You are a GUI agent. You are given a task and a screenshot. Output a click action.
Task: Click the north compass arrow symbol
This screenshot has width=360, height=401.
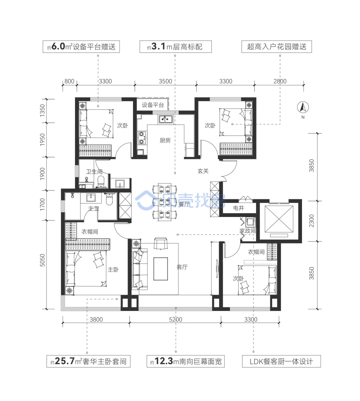click(x=303, y=107)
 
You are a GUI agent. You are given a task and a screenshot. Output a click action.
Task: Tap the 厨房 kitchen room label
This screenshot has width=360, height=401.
click(x=165, y=140)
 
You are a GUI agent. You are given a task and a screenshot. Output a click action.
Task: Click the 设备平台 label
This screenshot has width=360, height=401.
click(x=153, y=105)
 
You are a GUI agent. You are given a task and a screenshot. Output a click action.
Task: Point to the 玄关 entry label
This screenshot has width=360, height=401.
click(x=203, y=171)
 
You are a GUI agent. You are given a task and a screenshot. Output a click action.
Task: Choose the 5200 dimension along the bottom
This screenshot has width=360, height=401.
click(x=176, y=319)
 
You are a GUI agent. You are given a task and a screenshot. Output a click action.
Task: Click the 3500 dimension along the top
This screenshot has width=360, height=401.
click(x=165, y=81)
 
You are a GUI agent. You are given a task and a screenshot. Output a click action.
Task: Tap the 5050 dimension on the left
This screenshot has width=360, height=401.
click(x=43, y=260)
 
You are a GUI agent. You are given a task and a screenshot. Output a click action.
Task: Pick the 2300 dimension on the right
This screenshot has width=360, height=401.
click(x=312, y=221)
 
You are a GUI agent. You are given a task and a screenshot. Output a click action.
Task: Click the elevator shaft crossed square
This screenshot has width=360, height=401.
click(x=279, y=219)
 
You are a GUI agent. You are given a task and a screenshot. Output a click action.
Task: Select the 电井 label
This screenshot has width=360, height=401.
click(x=238, y=208)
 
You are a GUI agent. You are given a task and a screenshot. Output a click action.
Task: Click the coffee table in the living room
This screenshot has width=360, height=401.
click(x=161, y=269)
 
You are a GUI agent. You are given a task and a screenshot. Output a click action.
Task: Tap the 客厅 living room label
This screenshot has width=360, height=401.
click(x=182, y=267)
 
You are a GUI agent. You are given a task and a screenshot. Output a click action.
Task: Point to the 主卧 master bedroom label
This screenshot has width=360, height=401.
click(x=113, y=269)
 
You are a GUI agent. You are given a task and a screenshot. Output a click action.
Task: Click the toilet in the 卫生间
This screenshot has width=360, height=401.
click(x=101, y=182)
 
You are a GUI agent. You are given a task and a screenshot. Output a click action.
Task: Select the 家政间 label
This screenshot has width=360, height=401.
click(x=248, y=231)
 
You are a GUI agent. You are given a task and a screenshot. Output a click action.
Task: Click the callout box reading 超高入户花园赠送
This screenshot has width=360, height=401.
click(x=277, y=47)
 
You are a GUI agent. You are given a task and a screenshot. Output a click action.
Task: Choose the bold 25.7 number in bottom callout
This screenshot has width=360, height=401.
click(x=65, y=361)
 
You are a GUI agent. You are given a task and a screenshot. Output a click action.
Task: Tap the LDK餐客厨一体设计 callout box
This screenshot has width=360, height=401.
click(x=281, y=361)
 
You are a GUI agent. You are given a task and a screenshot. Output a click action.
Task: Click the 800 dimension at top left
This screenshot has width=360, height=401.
click(x=69, y=81)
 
